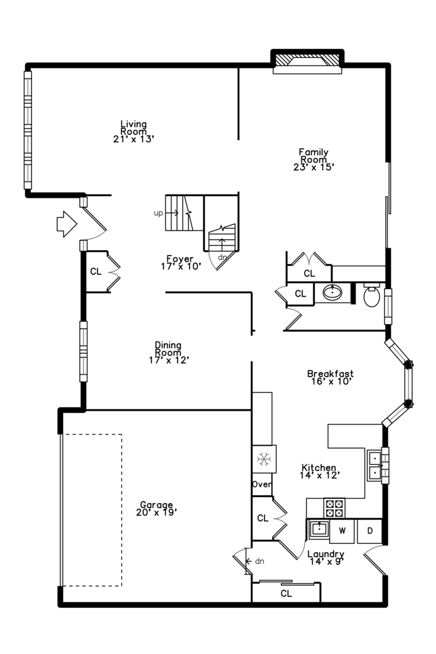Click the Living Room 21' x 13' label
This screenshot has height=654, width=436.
tap(134, 131)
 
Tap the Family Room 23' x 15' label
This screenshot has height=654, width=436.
tap(314, 159)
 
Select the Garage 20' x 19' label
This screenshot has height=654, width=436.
tap(156, 509)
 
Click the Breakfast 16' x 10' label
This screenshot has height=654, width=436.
tap(331, 377)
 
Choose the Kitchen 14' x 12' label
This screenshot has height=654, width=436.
tap(319, 471)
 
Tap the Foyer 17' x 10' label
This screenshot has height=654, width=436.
tap(180, 262)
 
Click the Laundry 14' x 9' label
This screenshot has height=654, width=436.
tap(326, 557)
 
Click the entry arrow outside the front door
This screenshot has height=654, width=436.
tap(67, 224)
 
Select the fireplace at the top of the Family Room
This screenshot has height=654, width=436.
tap(308, 61)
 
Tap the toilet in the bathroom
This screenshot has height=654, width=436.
tap(371, 295)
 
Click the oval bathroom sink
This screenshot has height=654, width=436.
tap(332, 292)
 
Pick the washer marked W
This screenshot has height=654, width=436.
tap(342, 530)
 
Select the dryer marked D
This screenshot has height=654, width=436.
tap(369, 530)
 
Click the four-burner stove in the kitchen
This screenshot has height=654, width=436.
tap(335, 508)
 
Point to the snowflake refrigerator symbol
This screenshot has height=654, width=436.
tap(263, 459)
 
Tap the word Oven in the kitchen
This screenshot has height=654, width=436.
tap(262, 484)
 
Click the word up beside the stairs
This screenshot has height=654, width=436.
tap(159, 213)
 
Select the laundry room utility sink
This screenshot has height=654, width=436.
tap(319, 530)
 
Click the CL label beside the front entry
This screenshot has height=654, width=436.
tap(96, 271)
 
